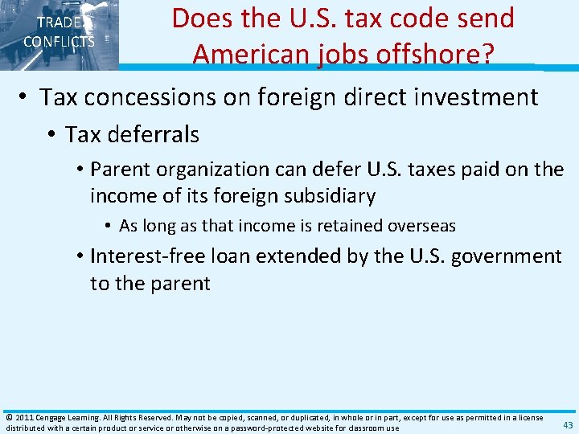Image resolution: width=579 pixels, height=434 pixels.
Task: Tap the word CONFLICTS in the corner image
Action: point(59,42)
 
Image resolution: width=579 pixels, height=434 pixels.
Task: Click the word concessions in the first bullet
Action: point(158,98)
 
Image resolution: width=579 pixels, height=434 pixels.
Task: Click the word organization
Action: point(211,170)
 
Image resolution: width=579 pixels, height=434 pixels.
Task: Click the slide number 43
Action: point(568,425)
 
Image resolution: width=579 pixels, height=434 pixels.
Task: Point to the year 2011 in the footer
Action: point(23,417)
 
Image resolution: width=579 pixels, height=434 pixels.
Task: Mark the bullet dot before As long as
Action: point(109,226)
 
